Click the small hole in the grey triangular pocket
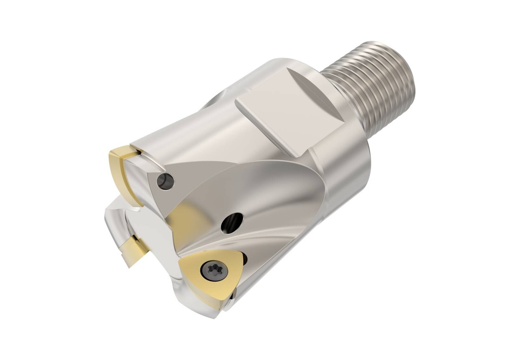165,181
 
